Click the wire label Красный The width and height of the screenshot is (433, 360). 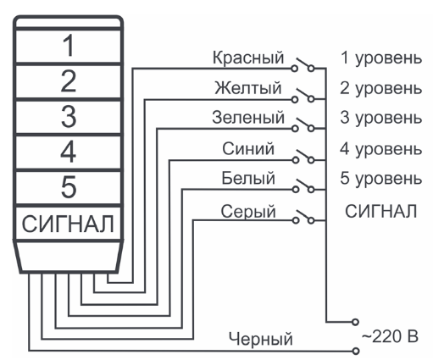pos(248,58)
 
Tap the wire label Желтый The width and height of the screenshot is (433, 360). pos(248,88)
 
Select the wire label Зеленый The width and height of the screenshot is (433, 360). pos(248,118)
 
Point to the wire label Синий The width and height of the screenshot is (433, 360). pos(248,148)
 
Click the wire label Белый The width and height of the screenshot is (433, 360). pos(248,179)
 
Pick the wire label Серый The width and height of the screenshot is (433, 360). pos(248,212)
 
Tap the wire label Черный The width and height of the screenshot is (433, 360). pos(260,339)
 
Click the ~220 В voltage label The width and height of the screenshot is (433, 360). pos(390,336)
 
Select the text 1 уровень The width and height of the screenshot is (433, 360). pos(381,58)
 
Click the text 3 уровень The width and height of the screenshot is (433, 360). pos(381,118)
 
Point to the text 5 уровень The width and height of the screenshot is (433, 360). pos(381,179)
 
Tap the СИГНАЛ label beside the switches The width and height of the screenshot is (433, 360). pos(381,212)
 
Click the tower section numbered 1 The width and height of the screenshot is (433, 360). pos(69,46)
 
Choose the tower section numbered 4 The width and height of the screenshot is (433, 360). pos(69,152)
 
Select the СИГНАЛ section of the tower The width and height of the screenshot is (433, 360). pos(69,224)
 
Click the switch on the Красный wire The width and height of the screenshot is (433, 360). pos(303,64)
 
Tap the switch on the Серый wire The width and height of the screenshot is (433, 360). pos(303,217)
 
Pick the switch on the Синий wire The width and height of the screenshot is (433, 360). pos(303,157)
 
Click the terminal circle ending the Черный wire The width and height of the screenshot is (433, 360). pos(356,351)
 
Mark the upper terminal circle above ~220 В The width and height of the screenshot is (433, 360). pos(355,322)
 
